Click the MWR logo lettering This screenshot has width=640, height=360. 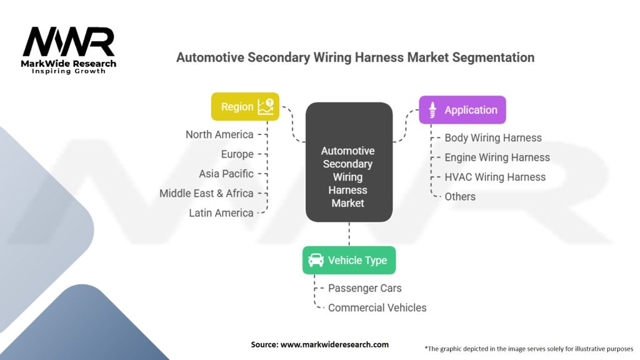69,42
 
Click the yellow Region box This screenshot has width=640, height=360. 245,106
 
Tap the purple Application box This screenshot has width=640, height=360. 462,110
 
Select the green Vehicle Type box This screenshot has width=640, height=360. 349,260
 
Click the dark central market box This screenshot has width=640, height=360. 349,162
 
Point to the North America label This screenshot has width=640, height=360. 219,134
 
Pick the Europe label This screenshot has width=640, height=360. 237,154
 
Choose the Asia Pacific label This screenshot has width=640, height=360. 226,174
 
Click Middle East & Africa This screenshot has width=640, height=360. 206,194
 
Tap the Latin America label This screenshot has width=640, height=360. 221,213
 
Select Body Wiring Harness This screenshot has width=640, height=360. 493,138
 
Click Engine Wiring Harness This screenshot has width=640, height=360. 497,157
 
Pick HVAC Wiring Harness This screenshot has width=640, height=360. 495,177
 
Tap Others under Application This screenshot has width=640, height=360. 460,197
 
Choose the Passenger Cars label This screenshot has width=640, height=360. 365,288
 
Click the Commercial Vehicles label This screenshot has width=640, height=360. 377,307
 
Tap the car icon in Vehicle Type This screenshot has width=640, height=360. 316,260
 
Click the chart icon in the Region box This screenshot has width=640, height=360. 266,106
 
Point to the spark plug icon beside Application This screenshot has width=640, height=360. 432,110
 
